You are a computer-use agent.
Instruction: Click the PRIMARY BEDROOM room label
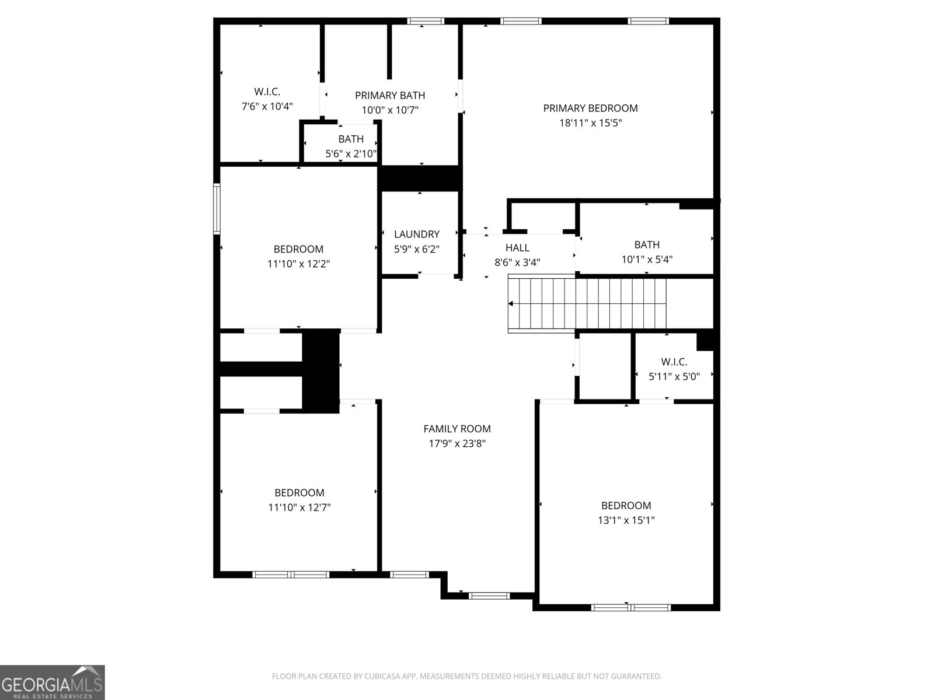click(x=590, y=108)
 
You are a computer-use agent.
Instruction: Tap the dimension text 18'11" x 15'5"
click(x=590, y=123)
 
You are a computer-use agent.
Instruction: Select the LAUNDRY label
click(x=416, y=234)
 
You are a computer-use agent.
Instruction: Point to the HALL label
click(x=517, y=248)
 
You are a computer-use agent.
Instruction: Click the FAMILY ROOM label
click(x=457, y=429)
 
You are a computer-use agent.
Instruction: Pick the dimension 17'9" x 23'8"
click(x=457, y=443)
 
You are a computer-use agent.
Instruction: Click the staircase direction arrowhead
click(x=511, y=303)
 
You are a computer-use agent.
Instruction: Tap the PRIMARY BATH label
click(x=390, y=95)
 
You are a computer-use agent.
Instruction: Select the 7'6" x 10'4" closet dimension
click(x=267, y=106)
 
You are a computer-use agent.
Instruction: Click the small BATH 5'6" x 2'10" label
click(x=351, y=139)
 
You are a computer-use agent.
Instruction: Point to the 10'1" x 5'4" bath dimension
click(x=647, y=260)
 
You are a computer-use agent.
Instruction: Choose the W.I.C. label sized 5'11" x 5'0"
click(x=674, y=362)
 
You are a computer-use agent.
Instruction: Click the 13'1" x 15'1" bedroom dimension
click(x=626, y=520)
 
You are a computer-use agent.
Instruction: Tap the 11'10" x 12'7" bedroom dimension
click(x=299, y=508)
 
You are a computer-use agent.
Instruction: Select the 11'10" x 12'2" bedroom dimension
click(x=299, y=264)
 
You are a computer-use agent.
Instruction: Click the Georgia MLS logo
click(x=53, y=682)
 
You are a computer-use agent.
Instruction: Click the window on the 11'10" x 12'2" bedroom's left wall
click(x=217, y=208)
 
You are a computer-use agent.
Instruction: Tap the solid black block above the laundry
click(x=420, y=178)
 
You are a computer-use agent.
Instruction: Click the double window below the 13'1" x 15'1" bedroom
click(x=630, y=607)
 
